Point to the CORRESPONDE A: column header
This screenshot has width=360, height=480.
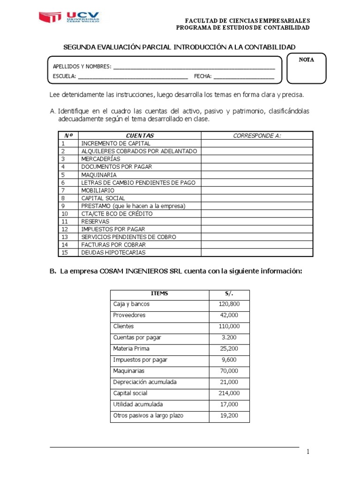257,135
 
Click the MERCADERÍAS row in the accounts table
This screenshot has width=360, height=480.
101,159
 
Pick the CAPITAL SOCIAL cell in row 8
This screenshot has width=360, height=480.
103,198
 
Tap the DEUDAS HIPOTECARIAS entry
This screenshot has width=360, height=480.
113,253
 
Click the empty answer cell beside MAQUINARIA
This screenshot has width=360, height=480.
257,175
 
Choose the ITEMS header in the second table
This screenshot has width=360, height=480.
159,294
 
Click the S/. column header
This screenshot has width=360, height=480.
229,294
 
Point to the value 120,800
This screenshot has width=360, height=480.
228,304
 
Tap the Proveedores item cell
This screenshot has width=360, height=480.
129,315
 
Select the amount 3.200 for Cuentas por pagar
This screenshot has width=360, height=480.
228,337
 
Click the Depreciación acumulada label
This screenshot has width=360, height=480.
145,382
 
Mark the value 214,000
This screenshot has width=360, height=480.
228,393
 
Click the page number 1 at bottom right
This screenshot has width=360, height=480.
308,452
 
